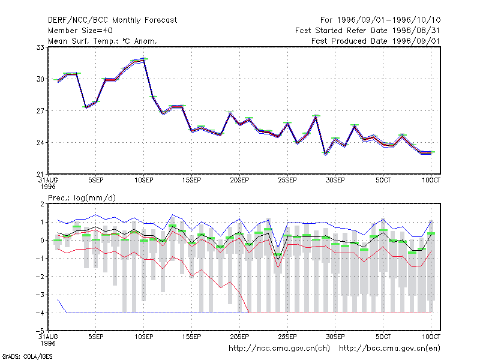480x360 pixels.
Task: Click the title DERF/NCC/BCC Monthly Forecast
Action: click(112, 20)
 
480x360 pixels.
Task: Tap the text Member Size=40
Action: click(80, 31)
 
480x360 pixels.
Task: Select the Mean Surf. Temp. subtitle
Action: click(103, 41)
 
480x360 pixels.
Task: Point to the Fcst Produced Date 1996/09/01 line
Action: click(376, 41)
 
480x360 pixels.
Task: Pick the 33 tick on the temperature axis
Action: click(40, 47)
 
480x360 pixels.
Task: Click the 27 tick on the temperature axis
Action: click(40, 111)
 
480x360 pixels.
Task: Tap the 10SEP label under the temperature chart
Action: click(144, 181)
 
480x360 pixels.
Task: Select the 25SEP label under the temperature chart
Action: click(287, 181)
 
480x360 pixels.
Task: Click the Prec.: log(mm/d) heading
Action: click(82, 198)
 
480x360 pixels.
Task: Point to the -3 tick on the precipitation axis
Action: click(40, 295)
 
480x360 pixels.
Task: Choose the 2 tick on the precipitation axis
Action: click(42, 204)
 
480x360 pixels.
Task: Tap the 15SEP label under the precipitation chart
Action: click(191, 337)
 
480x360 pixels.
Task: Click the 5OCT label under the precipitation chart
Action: click(383, 337)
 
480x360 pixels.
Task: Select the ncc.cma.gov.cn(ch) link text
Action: click(279, 349)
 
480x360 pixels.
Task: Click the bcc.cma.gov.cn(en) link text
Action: click(389, 349)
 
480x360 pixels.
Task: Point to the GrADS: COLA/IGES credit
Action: click(27, 356)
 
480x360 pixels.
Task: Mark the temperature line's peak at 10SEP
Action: click(143, 59)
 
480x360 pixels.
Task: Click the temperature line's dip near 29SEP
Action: click(325, 154)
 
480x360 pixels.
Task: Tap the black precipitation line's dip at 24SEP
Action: click(278, 260)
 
